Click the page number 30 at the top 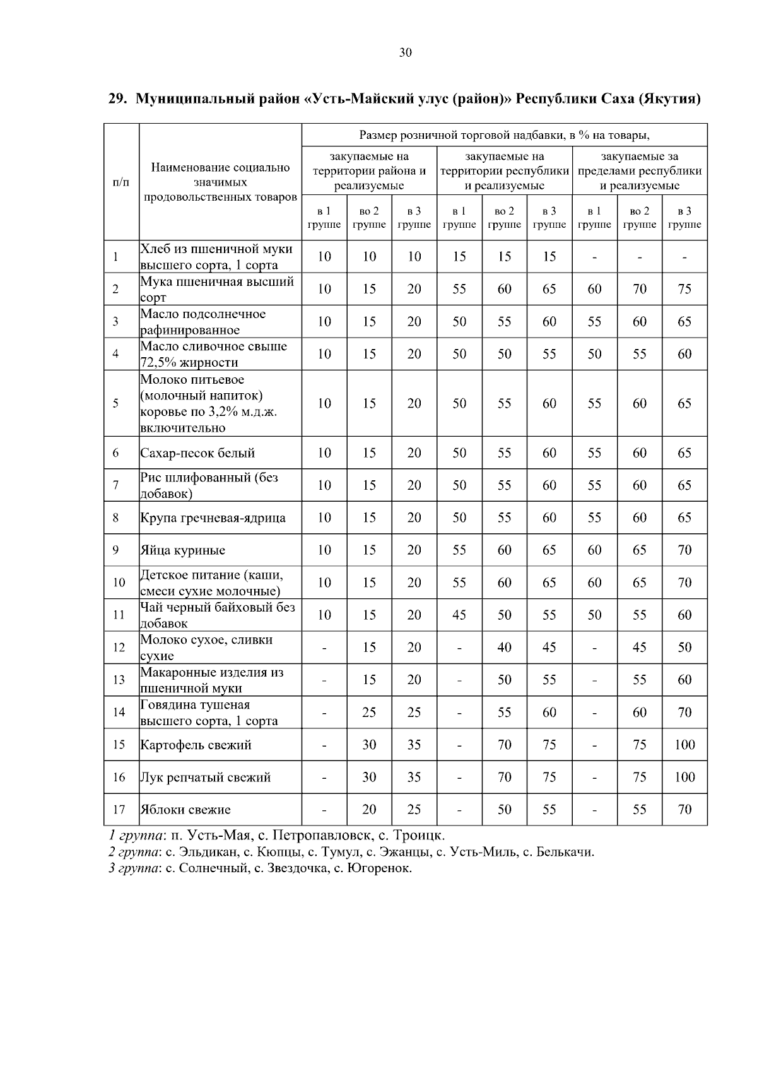coord(405,53)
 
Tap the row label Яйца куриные coord(183,550)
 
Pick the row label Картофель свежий coord(196,745)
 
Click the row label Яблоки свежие coord(185,810)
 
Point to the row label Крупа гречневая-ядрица coord(213,518)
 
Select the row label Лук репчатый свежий coord(205,778)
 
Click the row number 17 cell coord(119,810)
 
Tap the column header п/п coord(120,182)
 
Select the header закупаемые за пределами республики coord(640,170)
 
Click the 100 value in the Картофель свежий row coord(684,745)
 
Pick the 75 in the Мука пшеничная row coord(684,289)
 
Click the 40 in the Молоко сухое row coord(504,648)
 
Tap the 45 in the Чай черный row coord(459,615)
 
